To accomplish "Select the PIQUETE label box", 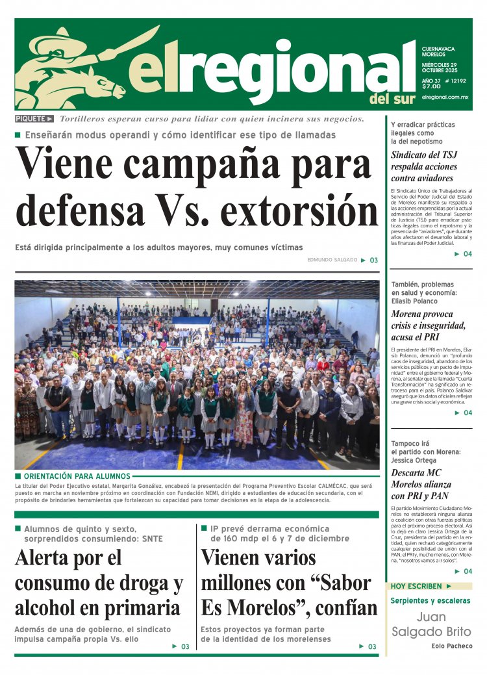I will tap(34, 119).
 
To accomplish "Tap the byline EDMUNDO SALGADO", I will tap(332, 260).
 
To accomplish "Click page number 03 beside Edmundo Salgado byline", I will tap(374, 260).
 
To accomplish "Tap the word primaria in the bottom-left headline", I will tap(142, 607).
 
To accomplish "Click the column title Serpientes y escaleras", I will tap(431, 600).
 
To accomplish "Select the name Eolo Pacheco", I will tap(451, 646).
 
